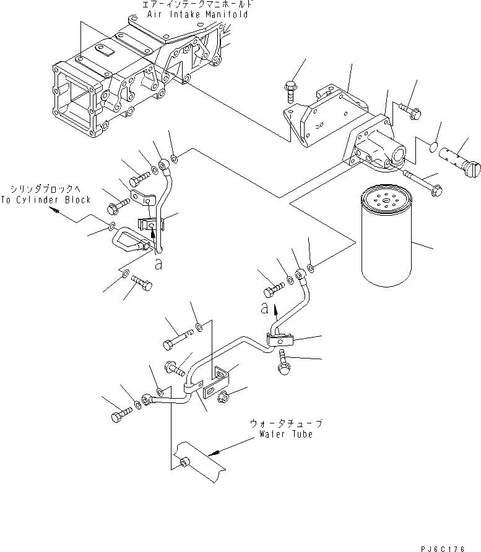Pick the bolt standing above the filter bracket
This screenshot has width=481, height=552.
click(x=291, y=90)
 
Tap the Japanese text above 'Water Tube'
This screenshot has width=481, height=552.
click(x=286, y=424)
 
